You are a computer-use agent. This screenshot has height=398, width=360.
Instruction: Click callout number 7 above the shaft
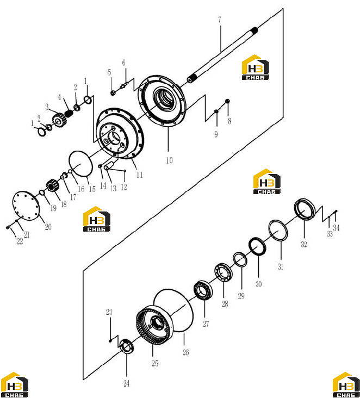220,20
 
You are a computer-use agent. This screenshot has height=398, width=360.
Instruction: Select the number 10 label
169,160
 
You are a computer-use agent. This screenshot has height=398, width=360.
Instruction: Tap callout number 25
155,363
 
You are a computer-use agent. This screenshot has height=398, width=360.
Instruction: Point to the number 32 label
304,244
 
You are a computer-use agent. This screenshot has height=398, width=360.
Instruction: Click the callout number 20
48,227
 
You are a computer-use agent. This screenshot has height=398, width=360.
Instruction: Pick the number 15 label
92,189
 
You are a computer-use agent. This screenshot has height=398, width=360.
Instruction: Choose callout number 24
126,383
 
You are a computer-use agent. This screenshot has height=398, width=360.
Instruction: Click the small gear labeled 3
58,119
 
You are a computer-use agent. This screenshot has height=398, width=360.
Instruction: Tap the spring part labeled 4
69,113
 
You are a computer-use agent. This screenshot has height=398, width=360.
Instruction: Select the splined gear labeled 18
52,185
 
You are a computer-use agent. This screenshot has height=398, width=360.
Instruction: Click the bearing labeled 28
223,272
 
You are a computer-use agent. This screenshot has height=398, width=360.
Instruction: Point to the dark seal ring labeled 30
257,246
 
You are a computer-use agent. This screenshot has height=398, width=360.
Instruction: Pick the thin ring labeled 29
240,259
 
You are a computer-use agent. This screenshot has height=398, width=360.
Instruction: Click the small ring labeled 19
42,193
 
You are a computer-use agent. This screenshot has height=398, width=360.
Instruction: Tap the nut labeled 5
113,93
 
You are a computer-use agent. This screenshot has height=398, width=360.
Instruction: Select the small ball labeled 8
227,101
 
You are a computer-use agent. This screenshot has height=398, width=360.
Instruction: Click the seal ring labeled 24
126,346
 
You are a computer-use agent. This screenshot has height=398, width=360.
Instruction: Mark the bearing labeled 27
203,290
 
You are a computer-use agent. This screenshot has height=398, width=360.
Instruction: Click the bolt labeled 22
8,227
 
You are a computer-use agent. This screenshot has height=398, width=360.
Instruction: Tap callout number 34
336,228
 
